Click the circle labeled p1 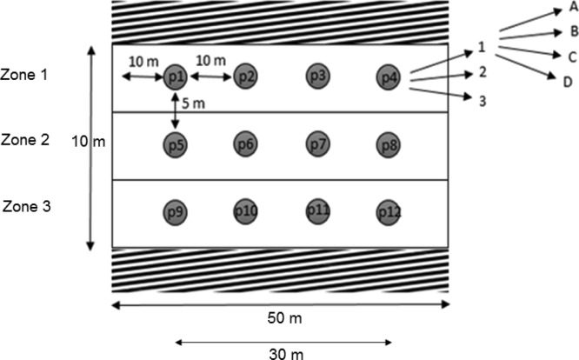[x=176, y=77]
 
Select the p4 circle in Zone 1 [x=388, y=77]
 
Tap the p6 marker [x=245, y=143]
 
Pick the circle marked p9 [x=176, y=211]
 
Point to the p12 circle [x=388, y=211]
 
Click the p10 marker [x=245, y=210]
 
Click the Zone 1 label [x=24, y=76]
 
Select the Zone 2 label [x=24, y=138]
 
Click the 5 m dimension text [x=196, y=105]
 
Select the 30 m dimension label [x=281, y=353]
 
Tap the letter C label [x=572, y=57]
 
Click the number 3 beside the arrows [x=481, y=101]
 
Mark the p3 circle [x=318, y=77]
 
